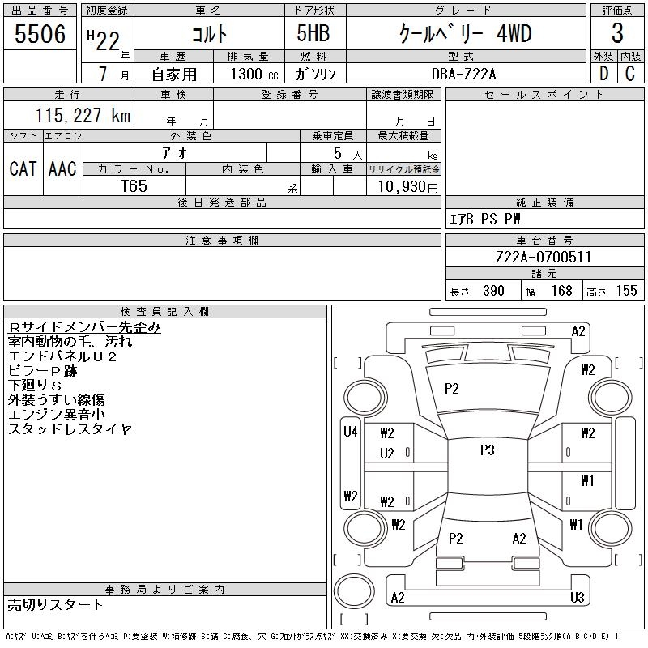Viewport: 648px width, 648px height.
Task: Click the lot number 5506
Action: click(40, 35)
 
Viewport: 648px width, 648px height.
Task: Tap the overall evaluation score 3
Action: click(617, 34)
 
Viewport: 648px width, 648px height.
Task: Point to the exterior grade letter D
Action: click(604, 73)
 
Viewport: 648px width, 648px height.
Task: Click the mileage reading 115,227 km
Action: click(82, 116)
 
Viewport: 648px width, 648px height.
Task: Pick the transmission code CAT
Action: click(23, 168)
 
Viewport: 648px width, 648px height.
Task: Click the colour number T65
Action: click(134, 186)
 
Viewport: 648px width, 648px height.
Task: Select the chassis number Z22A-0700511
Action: click(544, 258)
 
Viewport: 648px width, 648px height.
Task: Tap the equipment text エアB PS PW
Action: click(485, 219)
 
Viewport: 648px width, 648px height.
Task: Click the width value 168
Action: click(561, 291)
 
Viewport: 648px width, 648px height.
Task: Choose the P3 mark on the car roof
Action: click(486, 450)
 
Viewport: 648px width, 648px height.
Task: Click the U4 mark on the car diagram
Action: click(350, 432)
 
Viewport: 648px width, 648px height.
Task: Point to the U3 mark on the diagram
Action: click(576, 598)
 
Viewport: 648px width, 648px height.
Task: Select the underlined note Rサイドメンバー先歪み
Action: click(84, 327)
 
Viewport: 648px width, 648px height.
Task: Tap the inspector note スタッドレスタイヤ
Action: click(70, 429)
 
